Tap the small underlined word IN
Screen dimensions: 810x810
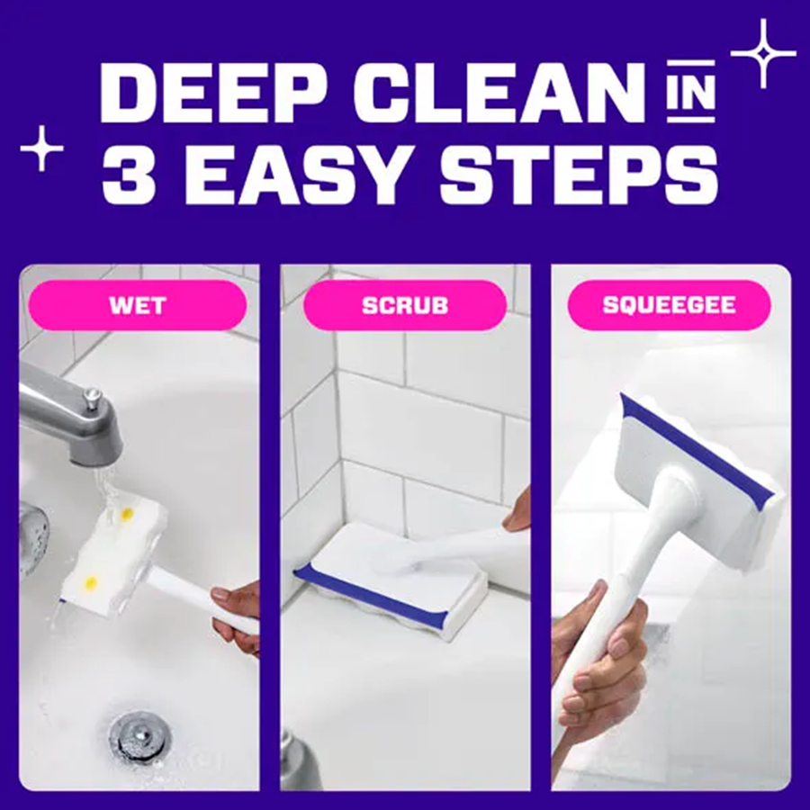click(x=688, y=97)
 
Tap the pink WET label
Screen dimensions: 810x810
click(x=138, y=305)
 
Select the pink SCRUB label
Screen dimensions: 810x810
click(x=404, y=305)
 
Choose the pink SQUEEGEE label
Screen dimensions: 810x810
click(x=669, y=305)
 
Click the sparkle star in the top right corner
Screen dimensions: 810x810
click(x=762, y=54)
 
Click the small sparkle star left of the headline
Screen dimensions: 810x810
click(x=42, y=148)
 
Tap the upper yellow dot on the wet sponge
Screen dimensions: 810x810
click(x=127, y=514)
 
